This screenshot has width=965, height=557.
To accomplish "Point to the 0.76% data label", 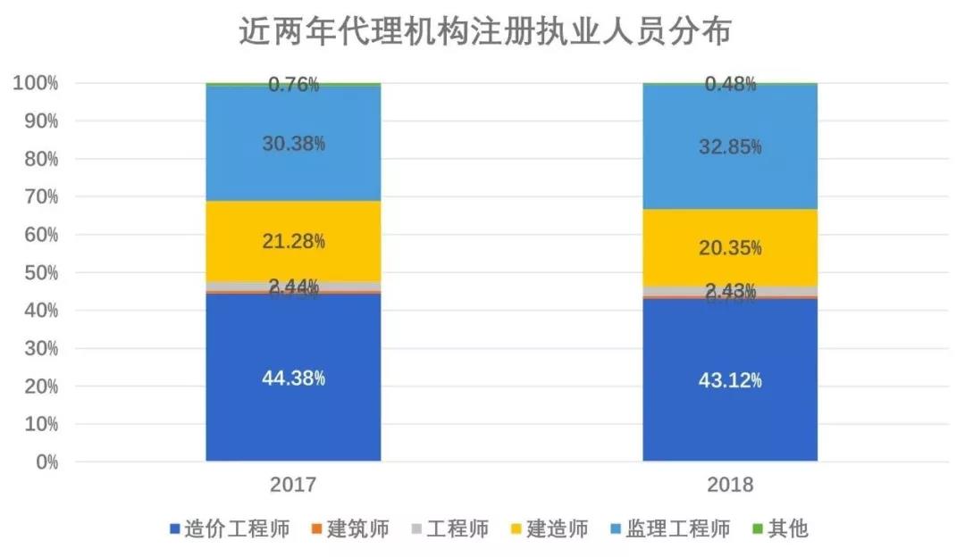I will tap(293, 85).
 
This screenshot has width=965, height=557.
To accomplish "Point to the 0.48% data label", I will tap(730, 84).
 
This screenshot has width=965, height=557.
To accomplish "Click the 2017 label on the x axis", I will tap(293, 486).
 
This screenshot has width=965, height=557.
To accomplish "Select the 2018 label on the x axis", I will tap(730, 486).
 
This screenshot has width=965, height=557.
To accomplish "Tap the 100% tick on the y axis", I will tap(35, 83).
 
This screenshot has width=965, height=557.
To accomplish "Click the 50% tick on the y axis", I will tap(39, 272).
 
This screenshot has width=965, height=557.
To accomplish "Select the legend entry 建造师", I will tap(557, 528).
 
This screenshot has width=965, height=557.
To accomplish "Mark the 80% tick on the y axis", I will tap(39, 159).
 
